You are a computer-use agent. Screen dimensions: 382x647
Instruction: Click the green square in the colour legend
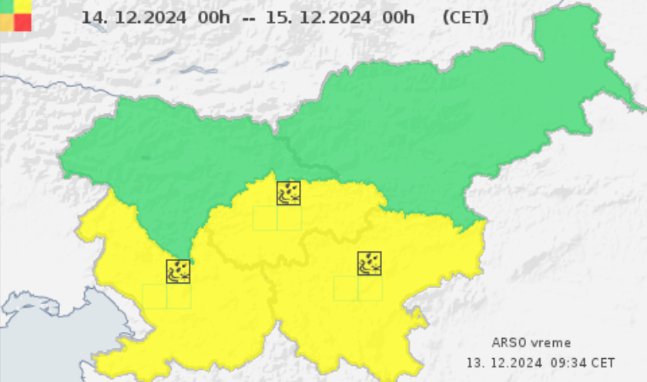(x=6, y=5)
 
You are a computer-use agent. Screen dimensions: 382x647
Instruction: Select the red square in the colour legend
(x=23, y=22)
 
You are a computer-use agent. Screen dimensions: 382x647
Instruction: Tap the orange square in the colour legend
(x=6, y=22)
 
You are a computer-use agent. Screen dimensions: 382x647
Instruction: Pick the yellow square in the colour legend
(x=23, y=5)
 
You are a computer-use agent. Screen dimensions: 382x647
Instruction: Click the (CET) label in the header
(x=465, y=17)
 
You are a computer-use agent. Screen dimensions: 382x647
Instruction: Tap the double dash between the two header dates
(x=248, y=17)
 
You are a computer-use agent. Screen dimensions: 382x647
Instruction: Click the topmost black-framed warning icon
(x=289, y=193)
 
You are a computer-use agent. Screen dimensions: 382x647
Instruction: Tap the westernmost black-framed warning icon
(x=179, y=271)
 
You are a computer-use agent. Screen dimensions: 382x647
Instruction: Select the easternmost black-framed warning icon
(x=370, y=263)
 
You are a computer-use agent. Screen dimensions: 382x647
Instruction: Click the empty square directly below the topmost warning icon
(x=289, y=218)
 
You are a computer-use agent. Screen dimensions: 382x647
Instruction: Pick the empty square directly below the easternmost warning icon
(x=370, y=288)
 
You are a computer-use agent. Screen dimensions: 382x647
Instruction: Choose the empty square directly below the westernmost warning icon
(x=179, y=296)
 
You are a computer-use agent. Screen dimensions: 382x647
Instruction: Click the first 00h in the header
(x=213, y=17)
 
